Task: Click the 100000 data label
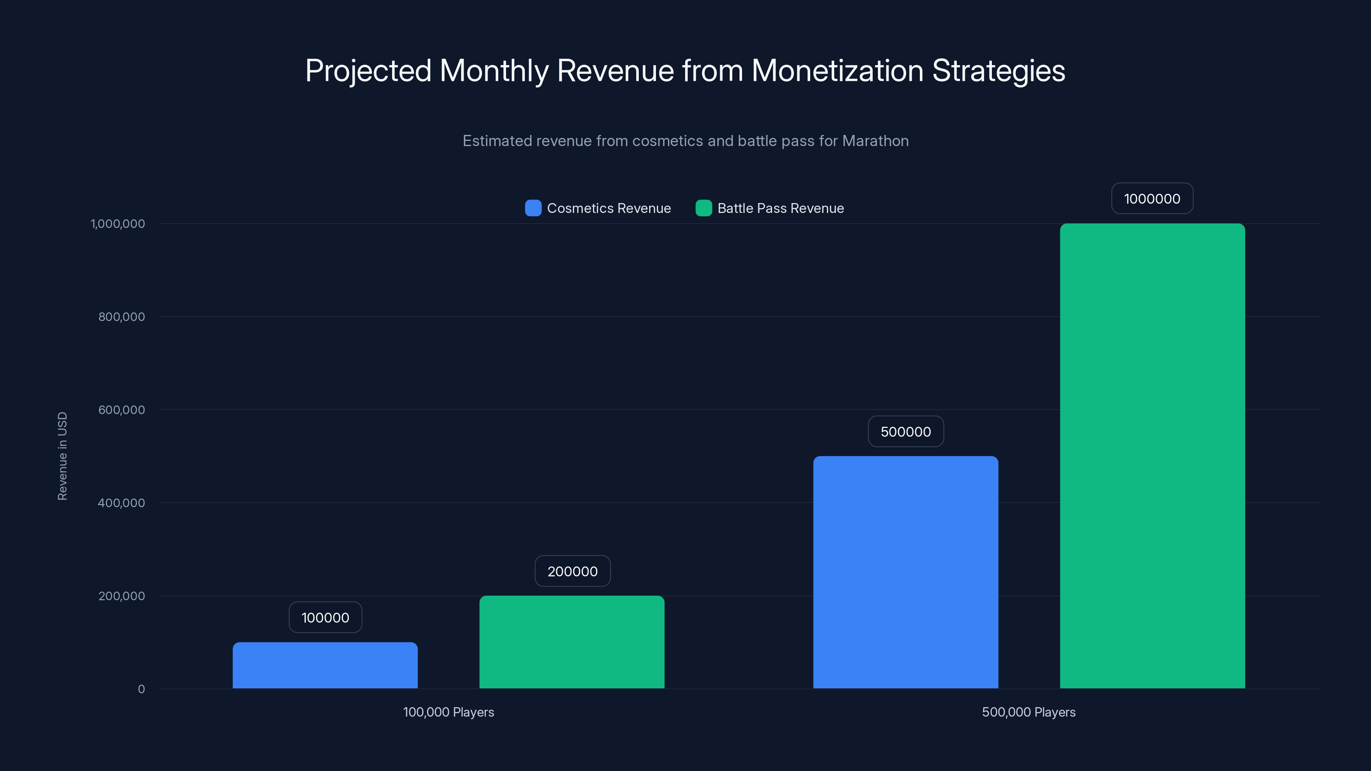pyautogui.click(x=325, y=617)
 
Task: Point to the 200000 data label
pyautogui.click(x=572, y=571)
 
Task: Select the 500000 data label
pyautogui.click(x=905, y=431)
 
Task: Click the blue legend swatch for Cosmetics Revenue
pyautogui.click(x=533, y=208)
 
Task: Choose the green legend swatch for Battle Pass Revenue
pyautogui.click(x=703, y=208)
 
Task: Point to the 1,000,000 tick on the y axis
pyautogui.click(x=118, y=224)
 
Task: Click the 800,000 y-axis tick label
pyautogui.click(x=121, y=317)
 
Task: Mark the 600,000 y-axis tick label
pyautogui.click(x=121, y=410)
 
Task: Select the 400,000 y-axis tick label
pyautogui.click(x=121, y=503)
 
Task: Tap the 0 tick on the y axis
pyautogui.click(x=141, y=689)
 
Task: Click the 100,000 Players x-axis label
pyautogui.click(x=448, y=712)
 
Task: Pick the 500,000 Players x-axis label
pyautogui.click(x=1028, y=712)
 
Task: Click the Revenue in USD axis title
pyautogui.click(x=62, y=456)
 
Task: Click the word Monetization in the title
pyautogui.click(x=837, y=71)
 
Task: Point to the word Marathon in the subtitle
pyautogui.click(x=875, y=141)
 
